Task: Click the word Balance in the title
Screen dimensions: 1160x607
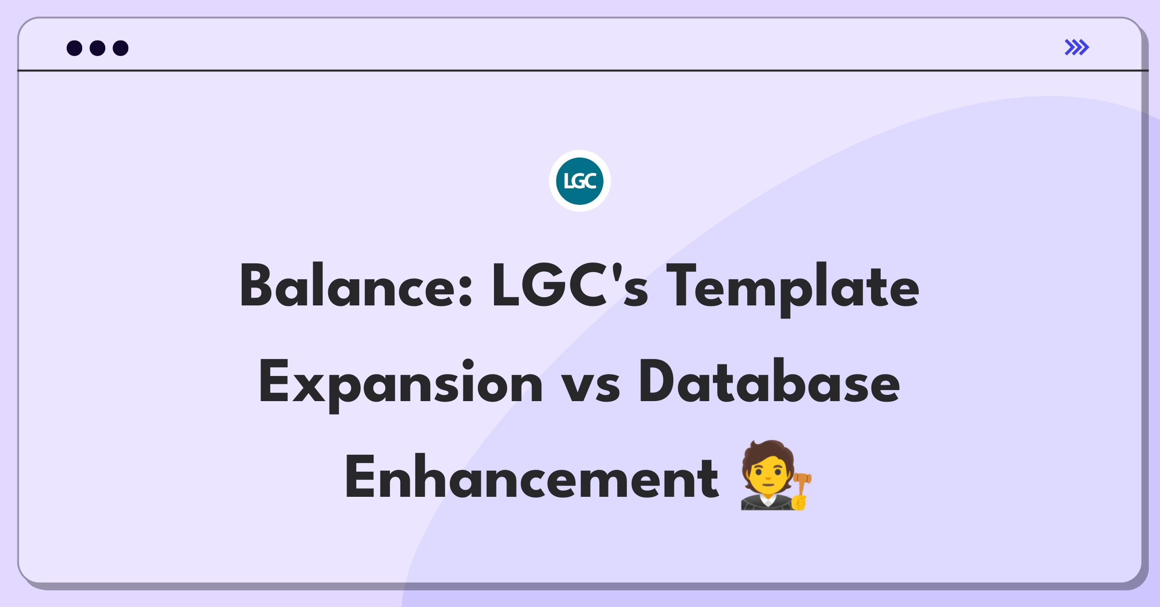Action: [355, 286]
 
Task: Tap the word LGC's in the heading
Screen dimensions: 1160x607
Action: [570, 286]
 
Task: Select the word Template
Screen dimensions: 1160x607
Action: [793, 289]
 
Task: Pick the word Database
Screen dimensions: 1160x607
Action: [769, 381]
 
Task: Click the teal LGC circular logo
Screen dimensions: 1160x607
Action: [580, 181]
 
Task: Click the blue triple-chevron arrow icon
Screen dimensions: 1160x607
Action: [1077, 47]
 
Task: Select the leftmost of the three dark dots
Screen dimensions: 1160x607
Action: [74, 48]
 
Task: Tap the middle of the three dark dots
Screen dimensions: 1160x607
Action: [98, 48]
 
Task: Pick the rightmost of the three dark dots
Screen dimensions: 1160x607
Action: [120, 48]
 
